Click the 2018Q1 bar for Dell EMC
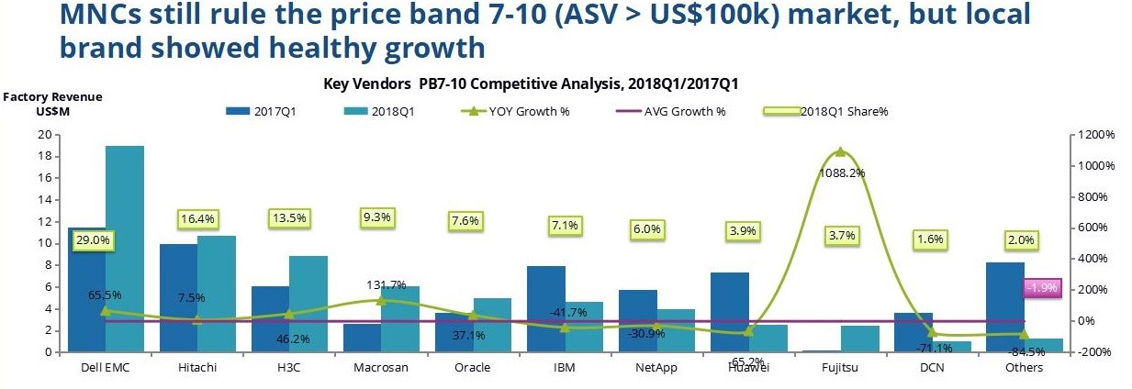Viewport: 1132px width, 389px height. tap(124, 248)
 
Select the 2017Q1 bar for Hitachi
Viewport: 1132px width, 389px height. tap(178, 297)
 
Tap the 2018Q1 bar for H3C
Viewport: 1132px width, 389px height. tap(308, 303)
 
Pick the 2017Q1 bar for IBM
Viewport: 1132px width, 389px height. tap(545, 308)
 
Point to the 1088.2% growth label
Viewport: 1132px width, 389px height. tap(839, 172)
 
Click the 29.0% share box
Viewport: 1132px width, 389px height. tap(93, 239)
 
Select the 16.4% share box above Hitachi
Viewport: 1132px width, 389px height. tap(196, 219)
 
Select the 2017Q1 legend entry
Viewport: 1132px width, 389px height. tap(272, 111)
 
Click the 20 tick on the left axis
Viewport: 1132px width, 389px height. tap(43, 135)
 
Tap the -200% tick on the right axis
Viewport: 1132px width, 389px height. tap(1099, 352)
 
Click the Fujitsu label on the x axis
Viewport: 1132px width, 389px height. tap(839, 368)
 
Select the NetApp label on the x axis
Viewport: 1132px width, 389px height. tap(656, 368)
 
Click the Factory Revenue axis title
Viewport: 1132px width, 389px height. tap(53, 96)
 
